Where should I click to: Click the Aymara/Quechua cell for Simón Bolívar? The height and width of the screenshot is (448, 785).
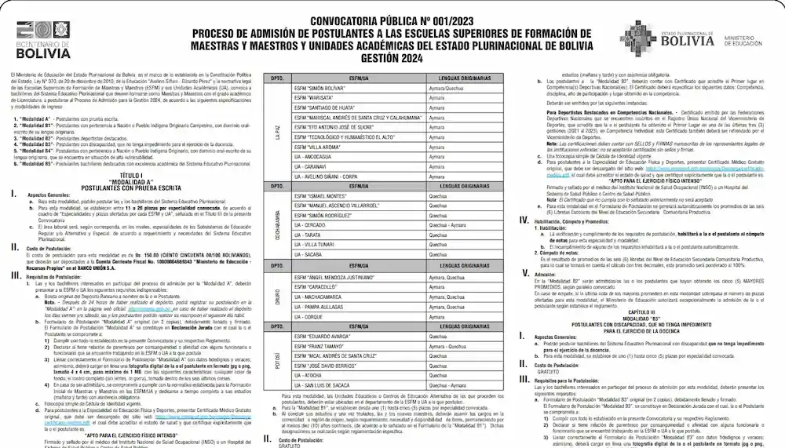440,88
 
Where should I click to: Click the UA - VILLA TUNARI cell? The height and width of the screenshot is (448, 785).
315,244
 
